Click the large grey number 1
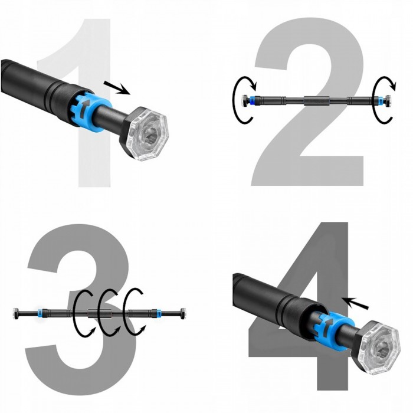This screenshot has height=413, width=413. pos(94,147)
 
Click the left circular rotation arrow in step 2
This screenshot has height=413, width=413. pos(242,100)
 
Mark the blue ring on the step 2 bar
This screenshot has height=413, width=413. pos(253,100)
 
